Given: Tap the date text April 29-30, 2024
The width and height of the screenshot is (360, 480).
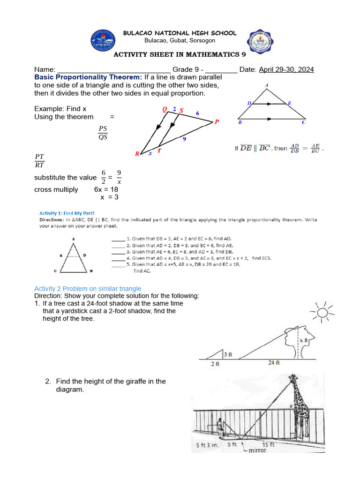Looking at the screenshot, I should tap(286, 69).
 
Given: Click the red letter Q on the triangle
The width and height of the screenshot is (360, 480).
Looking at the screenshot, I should tap(165, 109).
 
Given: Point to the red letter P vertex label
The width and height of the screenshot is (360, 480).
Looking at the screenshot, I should tap(217, 122).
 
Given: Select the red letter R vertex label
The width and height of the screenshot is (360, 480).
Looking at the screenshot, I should tap(137, 154).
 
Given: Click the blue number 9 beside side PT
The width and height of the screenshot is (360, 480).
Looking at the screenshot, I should tap(185, 139).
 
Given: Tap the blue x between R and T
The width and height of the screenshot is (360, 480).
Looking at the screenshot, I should tap(150, 153).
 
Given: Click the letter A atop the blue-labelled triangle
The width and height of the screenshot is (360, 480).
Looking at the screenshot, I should tap(267, 85).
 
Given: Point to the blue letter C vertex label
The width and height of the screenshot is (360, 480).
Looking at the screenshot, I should tap(303, 123).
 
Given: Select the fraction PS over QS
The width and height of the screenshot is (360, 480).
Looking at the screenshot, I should tap(103, 133).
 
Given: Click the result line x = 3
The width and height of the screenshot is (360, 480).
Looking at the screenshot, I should tap(109, 197).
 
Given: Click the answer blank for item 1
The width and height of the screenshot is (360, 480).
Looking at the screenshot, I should tap(118, 239).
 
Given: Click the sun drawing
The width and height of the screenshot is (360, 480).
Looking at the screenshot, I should tap(322, 313).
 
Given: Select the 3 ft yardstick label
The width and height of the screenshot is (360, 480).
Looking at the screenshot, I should tap(228, 354).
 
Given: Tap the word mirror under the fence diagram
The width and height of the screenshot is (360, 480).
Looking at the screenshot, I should tap(257, 450).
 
